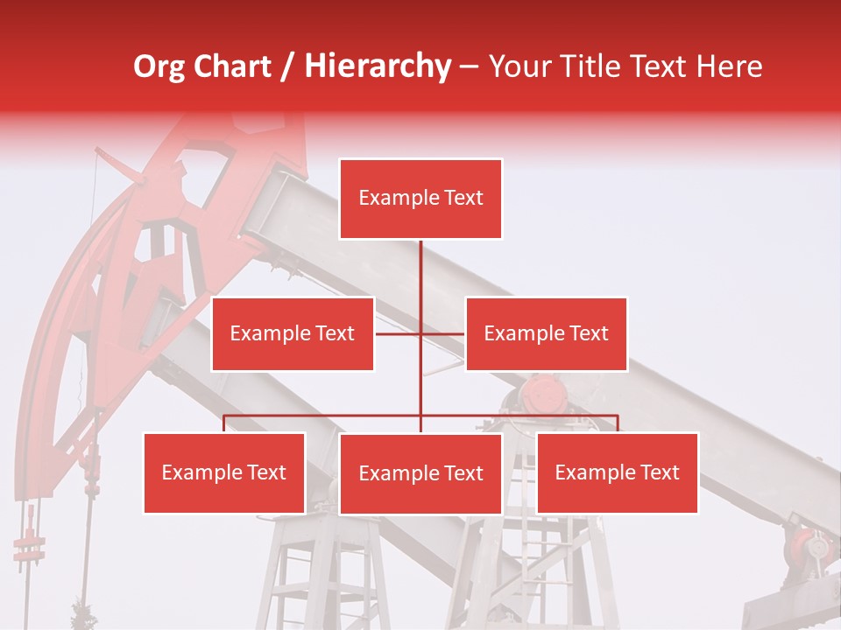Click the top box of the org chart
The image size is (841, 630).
pyautogui.click(x=420, y=199)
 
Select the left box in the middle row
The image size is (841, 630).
pyautogui.click(x=293, y=333)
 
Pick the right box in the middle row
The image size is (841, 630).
pyautogui.click(x=546, y=333)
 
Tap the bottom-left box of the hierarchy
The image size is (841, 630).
pyautogui.click(x=224, y=472)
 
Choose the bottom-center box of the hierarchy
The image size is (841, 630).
pyautogui.click(x=420, y=473)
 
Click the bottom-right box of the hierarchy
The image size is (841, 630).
pyautogui.click(x=617, y=472)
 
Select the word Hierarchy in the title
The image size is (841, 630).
pyautogui.click(x=378, y=67)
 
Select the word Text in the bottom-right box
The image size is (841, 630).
pyautogui.click(x=660, y=472)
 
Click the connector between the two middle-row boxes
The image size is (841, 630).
pyautogui.click(x=420, y=333)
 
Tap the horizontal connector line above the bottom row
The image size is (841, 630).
pyautogui.click(x=333, y=416)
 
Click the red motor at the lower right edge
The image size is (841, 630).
pyautogui.click(x=811, y=547)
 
